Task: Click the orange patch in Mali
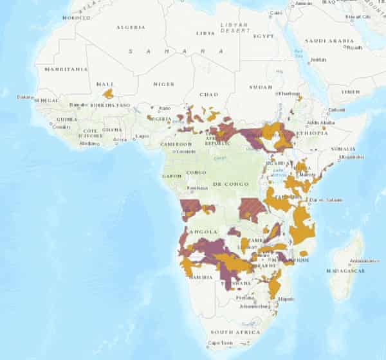tap(108, 94)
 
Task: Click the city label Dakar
tap(25, 97)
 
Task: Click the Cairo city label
tap(276, 13)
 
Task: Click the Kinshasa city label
tap(198, 188)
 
